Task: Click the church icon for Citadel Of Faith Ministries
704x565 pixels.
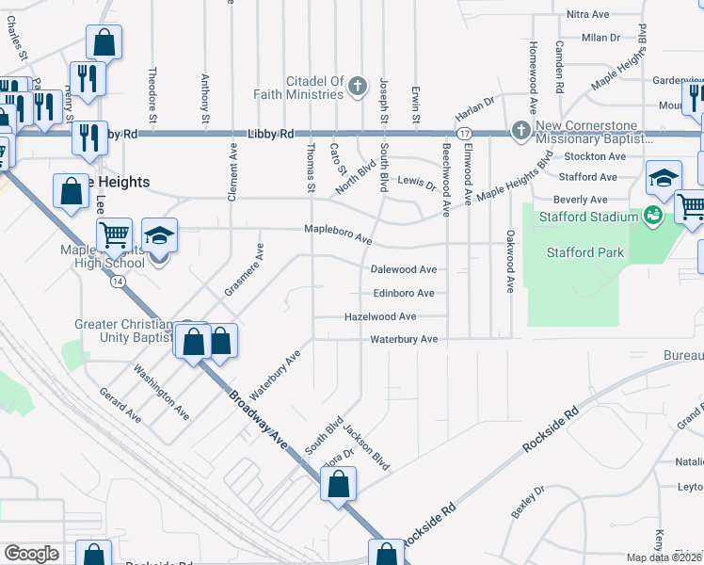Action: [x=357, y=88]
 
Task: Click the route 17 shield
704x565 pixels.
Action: [x=464, y=134]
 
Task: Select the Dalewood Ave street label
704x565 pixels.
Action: [x=404, y=269]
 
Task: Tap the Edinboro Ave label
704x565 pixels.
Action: [x=404, y=293]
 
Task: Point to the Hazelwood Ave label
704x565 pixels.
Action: [x=380, y=317]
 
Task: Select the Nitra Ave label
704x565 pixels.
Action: [x=589, y=15]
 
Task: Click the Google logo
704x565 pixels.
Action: [x=32, y=554]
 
